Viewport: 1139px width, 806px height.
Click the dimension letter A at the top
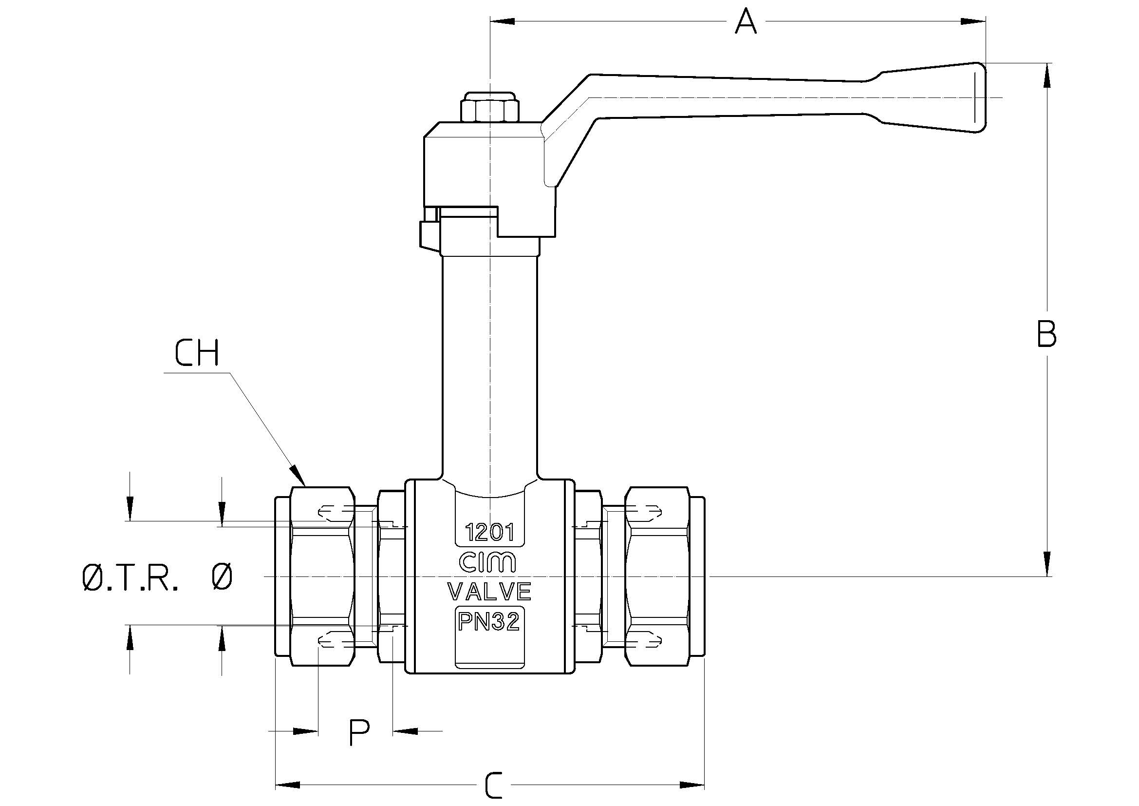746,22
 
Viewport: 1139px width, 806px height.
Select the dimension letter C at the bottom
494,785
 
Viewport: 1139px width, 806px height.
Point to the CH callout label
197,353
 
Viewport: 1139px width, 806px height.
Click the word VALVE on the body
489,591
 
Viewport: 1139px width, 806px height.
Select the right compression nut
657,576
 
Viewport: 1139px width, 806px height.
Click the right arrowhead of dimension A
973,21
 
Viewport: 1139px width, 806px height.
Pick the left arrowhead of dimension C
288,785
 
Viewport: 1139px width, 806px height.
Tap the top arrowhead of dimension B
1047,76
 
